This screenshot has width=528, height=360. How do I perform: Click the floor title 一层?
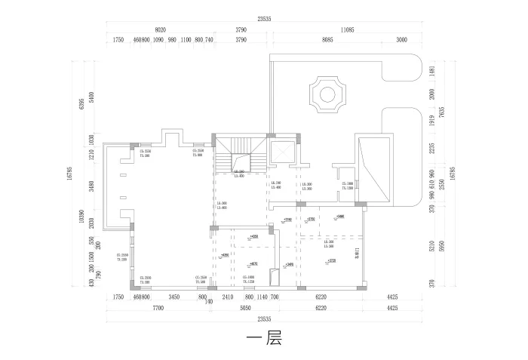click(x=263, y=339)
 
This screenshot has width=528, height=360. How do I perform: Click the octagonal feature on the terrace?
click(x=327, y=94)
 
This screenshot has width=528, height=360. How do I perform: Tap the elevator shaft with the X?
click(x=283, y=153)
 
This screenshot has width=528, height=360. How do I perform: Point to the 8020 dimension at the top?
click(x=160, y=29)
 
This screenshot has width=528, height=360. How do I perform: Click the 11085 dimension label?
click(x=348, y=29)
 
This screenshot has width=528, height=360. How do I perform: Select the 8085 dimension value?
click(x=327, y=39)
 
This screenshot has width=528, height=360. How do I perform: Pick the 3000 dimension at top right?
click(x=401, y=39)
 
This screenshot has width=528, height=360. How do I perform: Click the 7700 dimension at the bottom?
click(x=158, y=309)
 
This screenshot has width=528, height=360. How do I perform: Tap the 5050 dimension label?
click(x=244, y=309)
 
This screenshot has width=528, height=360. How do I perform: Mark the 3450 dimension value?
click(x=174, y=298)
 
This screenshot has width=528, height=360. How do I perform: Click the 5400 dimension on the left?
click(x=91, y=97)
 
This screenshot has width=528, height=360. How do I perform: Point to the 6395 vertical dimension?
click(x=81, y=103)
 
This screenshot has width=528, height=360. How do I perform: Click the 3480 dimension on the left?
click(x=91, y=186)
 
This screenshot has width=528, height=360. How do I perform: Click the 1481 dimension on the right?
click(x=431, y=71)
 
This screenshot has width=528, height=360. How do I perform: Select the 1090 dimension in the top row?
click(x=158, y=39)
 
